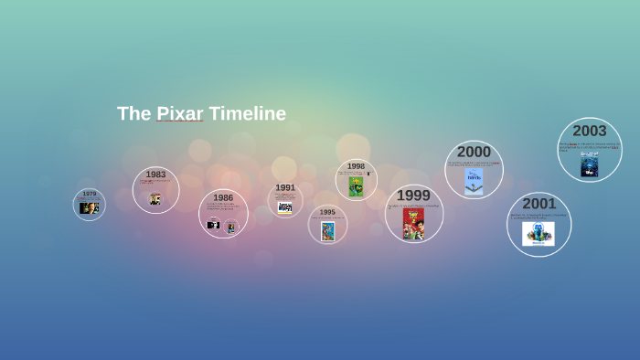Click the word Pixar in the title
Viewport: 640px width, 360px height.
tap(179, 113)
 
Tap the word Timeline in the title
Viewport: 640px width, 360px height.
tap(247, 113)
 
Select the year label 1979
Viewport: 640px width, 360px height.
tap(89, 194)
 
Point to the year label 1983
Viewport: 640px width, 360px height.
tap(155, 175)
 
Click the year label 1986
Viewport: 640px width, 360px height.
tap(223, 197)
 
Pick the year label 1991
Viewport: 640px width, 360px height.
tap(285, 187)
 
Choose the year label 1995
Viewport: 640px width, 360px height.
tap(327, 212)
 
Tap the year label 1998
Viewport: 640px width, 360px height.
tap(356, 166)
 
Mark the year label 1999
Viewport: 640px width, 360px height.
tap(413, 196)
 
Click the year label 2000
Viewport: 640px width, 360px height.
tap(474, 152)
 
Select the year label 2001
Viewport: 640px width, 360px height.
tap(539, 204)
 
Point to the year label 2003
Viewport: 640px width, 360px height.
tap(590, 131)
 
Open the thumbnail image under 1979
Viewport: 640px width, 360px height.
tap(89, 207)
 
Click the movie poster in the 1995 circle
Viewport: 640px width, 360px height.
tap(327, 230)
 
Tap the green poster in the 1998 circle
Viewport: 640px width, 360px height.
tap(356, 186)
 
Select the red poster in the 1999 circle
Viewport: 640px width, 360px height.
tap(413, 224)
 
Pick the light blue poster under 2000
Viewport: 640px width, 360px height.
tap(474, 180)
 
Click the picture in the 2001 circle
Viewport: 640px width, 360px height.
tap(539, 233)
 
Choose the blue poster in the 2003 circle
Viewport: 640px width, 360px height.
tap(590, 164)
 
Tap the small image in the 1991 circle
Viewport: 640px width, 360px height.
tap(285, 207)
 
